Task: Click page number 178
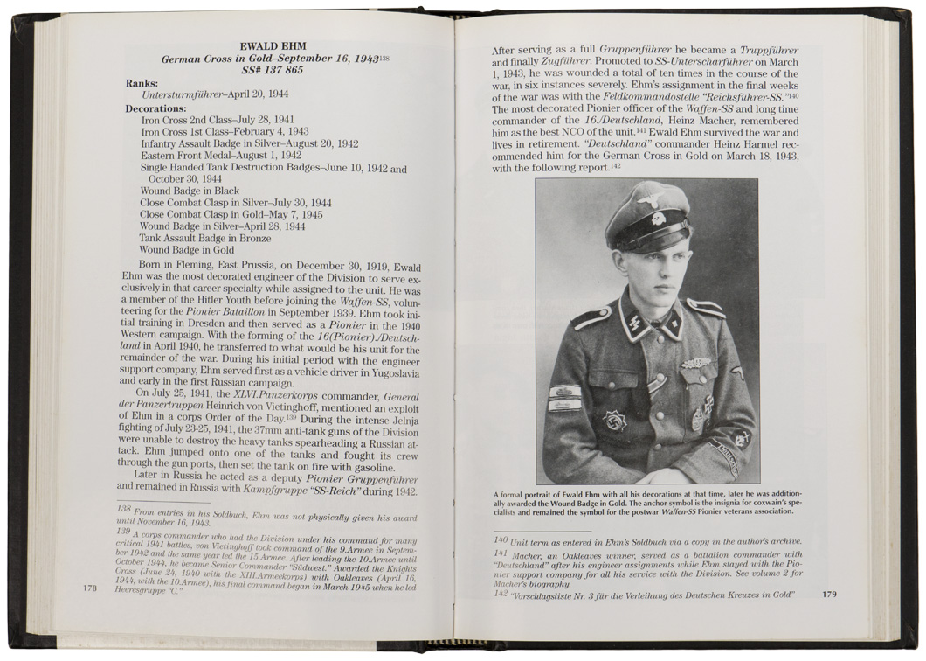coord(89,588)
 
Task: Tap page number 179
coord(829,595)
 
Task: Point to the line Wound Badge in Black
coord(190,191)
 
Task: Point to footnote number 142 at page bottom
coord(501,594)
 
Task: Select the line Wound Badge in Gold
coord(187,250)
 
